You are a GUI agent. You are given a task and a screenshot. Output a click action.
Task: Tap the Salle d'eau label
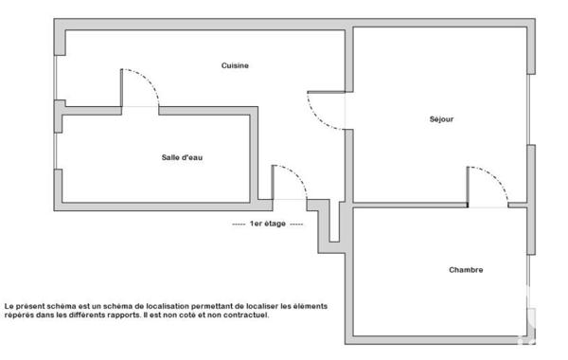[x=182, y=157]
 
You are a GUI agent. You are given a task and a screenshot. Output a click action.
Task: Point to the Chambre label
[x=465, y=270]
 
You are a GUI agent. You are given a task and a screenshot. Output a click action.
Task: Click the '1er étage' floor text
[x=268, y=225]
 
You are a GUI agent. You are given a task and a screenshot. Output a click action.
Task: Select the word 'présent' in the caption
[x=28, y=306]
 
